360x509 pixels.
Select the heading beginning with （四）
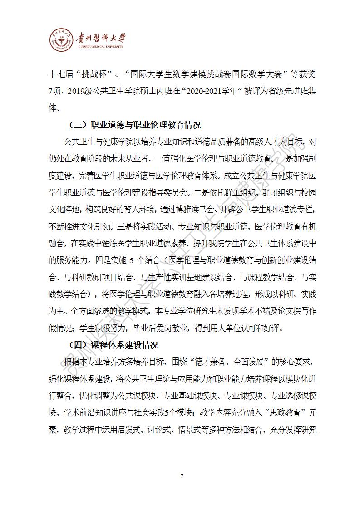[113, 345]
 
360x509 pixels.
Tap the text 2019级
[79, 91]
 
